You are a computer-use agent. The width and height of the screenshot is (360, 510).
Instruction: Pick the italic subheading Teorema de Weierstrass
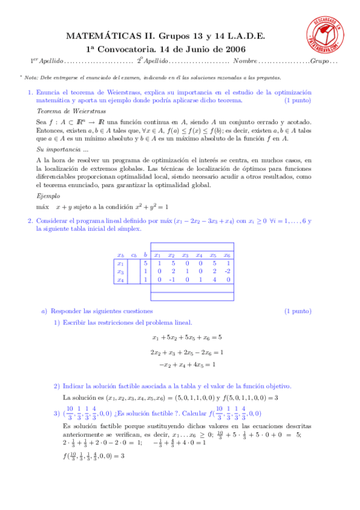pyautogui.click(x=63, y=112)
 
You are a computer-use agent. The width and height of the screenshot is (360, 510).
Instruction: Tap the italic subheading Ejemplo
pyautogui.click(x=48, y=197)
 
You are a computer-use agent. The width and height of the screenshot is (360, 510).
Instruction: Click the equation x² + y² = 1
pyautogui.click(x=143, y=206)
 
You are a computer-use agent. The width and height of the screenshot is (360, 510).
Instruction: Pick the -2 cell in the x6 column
pyautogui.click(x=228, y=271)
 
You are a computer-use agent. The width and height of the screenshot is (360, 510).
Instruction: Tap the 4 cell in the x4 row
pyautogui.click(x=214, y=280)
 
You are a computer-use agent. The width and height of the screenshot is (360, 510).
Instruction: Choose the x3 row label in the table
pyautogui.click(x=120, y=271)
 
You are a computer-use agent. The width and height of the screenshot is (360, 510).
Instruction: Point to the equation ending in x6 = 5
pyautogui.click(x=187, y=337)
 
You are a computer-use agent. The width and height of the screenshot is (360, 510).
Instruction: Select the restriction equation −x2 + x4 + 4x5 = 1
pyautogui.click(x=187, y=364)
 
